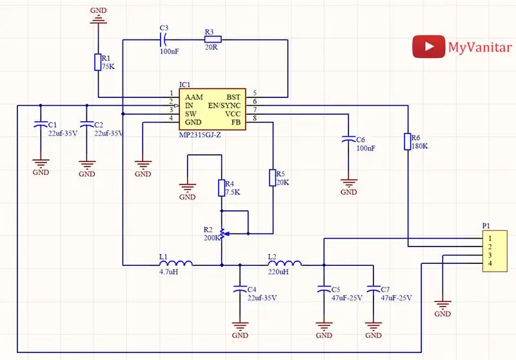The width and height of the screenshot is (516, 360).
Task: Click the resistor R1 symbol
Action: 98,62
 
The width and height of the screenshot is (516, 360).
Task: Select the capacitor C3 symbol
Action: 164,40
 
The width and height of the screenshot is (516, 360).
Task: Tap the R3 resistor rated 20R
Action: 213,40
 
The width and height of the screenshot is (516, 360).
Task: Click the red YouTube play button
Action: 428,46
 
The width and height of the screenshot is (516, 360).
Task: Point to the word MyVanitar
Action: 480,47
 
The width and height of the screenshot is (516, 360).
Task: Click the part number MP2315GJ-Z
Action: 200,135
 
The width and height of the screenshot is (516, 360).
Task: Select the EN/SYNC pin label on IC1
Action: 224,106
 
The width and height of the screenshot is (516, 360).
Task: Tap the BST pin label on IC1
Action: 233,97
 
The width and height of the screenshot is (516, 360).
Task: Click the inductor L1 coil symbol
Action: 176,263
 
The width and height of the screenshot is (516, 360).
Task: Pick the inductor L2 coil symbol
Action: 285,263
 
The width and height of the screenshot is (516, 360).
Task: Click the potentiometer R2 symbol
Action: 223,234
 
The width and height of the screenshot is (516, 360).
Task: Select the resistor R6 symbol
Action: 408,141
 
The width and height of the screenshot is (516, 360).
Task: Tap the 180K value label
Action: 420,146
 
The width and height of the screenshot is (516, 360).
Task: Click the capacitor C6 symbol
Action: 348,139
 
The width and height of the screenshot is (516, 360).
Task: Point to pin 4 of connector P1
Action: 490,263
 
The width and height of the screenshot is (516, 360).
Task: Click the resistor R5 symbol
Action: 272,177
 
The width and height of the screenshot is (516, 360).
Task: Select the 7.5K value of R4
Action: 233,192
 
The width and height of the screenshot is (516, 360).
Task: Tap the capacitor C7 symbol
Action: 373,289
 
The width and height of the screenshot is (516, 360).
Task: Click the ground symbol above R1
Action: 99,19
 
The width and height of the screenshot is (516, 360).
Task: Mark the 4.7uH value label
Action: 169,272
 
